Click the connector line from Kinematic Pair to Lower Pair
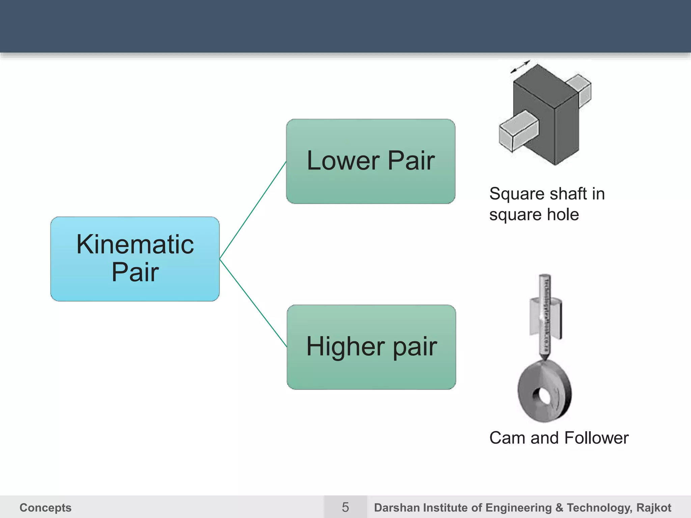click(x=253, y=210)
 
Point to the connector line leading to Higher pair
click(x=253, y=303)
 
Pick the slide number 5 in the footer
click(x=345, y=507)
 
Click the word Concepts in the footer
click(x=46, y=508)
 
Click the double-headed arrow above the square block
click(x=520, y=66)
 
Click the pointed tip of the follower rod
click(x=544, y=358)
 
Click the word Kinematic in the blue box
click(x=135, y=244)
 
